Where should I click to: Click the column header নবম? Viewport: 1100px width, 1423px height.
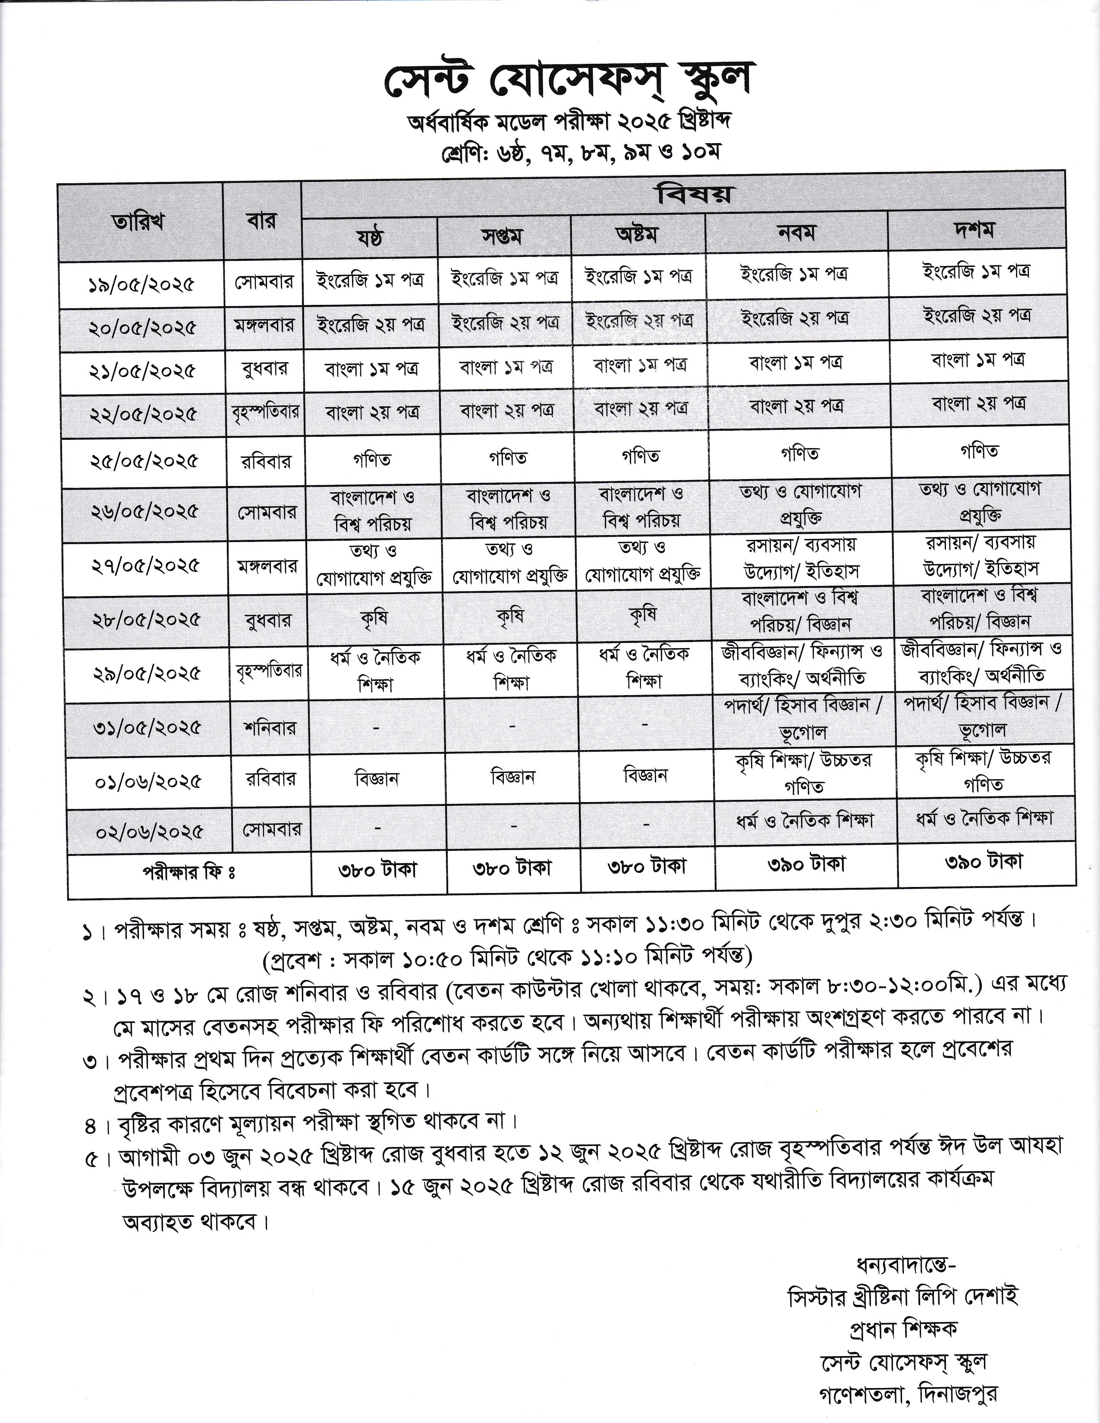796,232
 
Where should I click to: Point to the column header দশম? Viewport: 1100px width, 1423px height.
975,230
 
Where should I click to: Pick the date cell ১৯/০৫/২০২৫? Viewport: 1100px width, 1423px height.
141,284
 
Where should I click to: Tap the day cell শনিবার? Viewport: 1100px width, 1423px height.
268,727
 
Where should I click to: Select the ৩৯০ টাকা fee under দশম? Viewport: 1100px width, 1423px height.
983,862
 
